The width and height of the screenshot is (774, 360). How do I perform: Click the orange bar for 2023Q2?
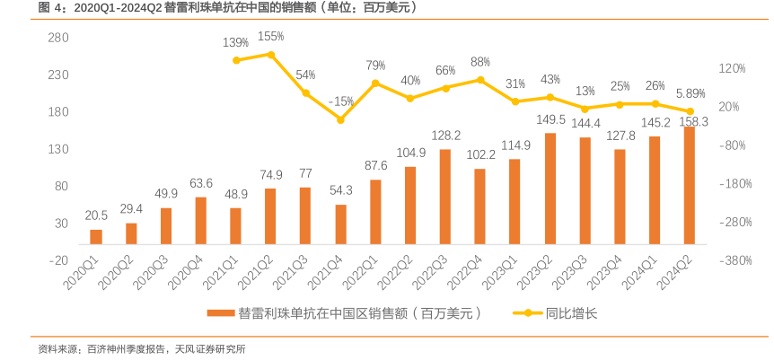click(x=550, y=189)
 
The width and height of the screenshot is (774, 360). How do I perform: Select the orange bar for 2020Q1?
click(x=96, y=236)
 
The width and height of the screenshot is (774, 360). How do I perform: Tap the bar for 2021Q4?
click(x=340, y=224)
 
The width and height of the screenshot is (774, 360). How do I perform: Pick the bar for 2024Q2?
click(x=690, y=185)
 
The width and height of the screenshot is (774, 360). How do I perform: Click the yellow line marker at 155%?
click(x=270, y=55)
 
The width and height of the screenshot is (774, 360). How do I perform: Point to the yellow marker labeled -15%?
click(x=340, y=119)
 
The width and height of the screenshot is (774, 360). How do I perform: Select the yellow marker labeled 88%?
click(x=480, y=80)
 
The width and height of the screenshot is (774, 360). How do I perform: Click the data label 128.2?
click(x=445, y=136)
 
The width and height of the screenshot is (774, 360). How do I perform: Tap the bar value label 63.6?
click(x=201, y=183)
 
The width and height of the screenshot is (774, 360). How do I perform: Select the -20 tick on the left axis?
click(x=58, y=260)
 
